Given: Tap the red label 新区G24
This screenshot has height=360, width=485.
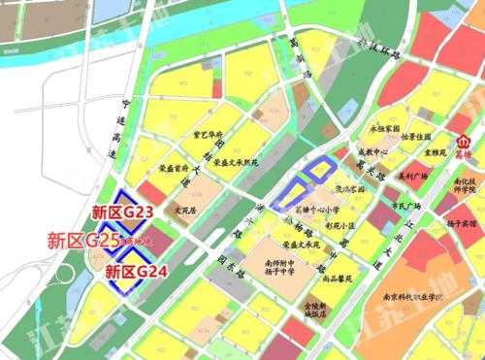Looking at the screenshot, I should tap(136, 272).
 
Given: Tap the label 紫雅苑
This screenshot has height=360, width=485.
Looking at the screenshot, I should tap(436, 152).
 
